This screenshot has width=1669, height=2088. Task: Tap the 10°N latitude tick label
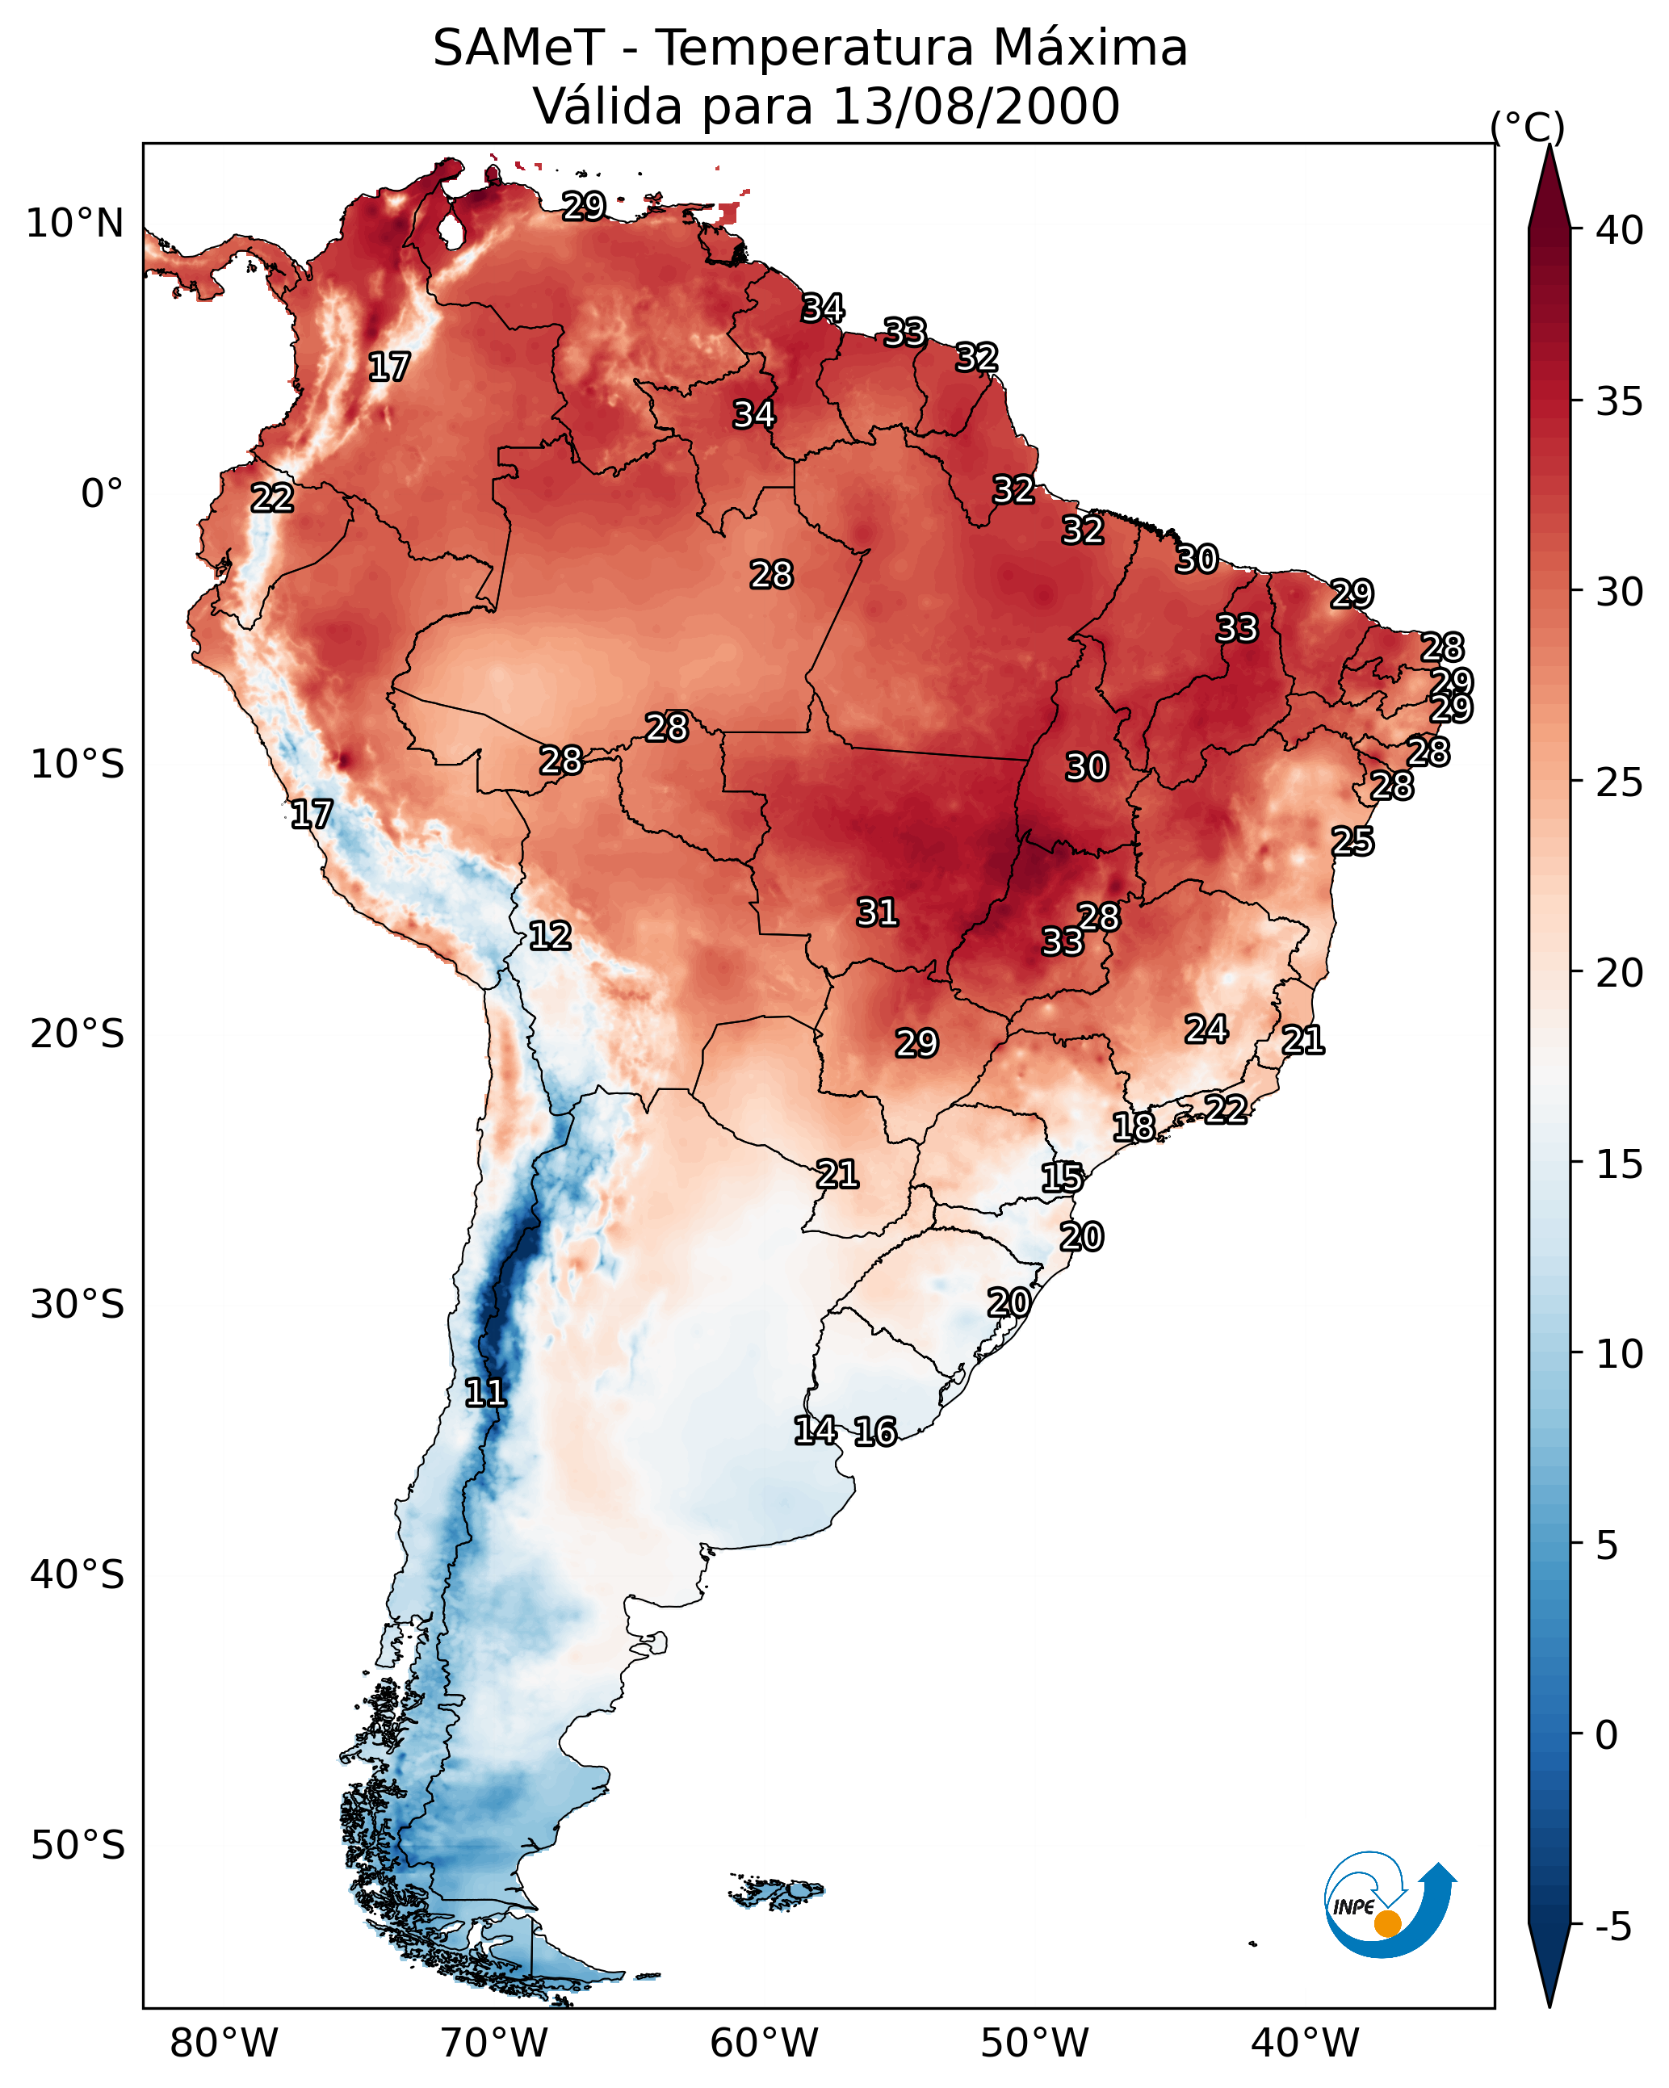click(74, 224)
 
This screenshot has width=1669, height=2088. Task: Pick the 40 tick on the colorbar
click(1619, 230)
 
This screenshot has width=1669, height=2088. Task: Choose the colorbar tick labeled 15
click(1619, 1164)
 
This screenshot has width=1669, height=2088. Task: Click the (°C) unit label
click(1528, 127)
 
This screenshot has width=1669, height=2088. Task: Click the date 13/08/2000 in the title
click(975, 106)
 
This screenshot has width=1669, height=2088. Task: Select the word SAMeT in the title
click(518, 48)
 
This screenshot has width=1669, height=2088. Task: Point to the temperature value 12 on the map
click(550, 936)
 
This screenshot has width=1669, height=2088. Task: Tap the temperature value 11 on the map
click(485, 1393)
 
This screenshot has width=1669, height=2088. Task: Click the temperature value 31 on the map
click(878, 912)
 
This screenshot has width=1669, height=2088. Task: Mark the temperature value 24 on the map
click(1207, 1029)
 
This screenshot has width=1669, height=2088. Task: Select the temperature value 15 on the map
click(1063, 1178)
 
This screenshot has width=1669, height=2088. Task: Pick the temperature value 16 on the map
click(875, 1432)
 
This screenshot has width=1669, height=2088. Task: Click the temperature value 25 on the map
click(1352, 841)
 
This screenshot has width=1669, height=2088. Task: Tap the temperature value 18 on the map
click(1134, 1126)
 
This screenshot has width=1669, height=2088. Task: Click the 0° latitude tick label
click(102, 494)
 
